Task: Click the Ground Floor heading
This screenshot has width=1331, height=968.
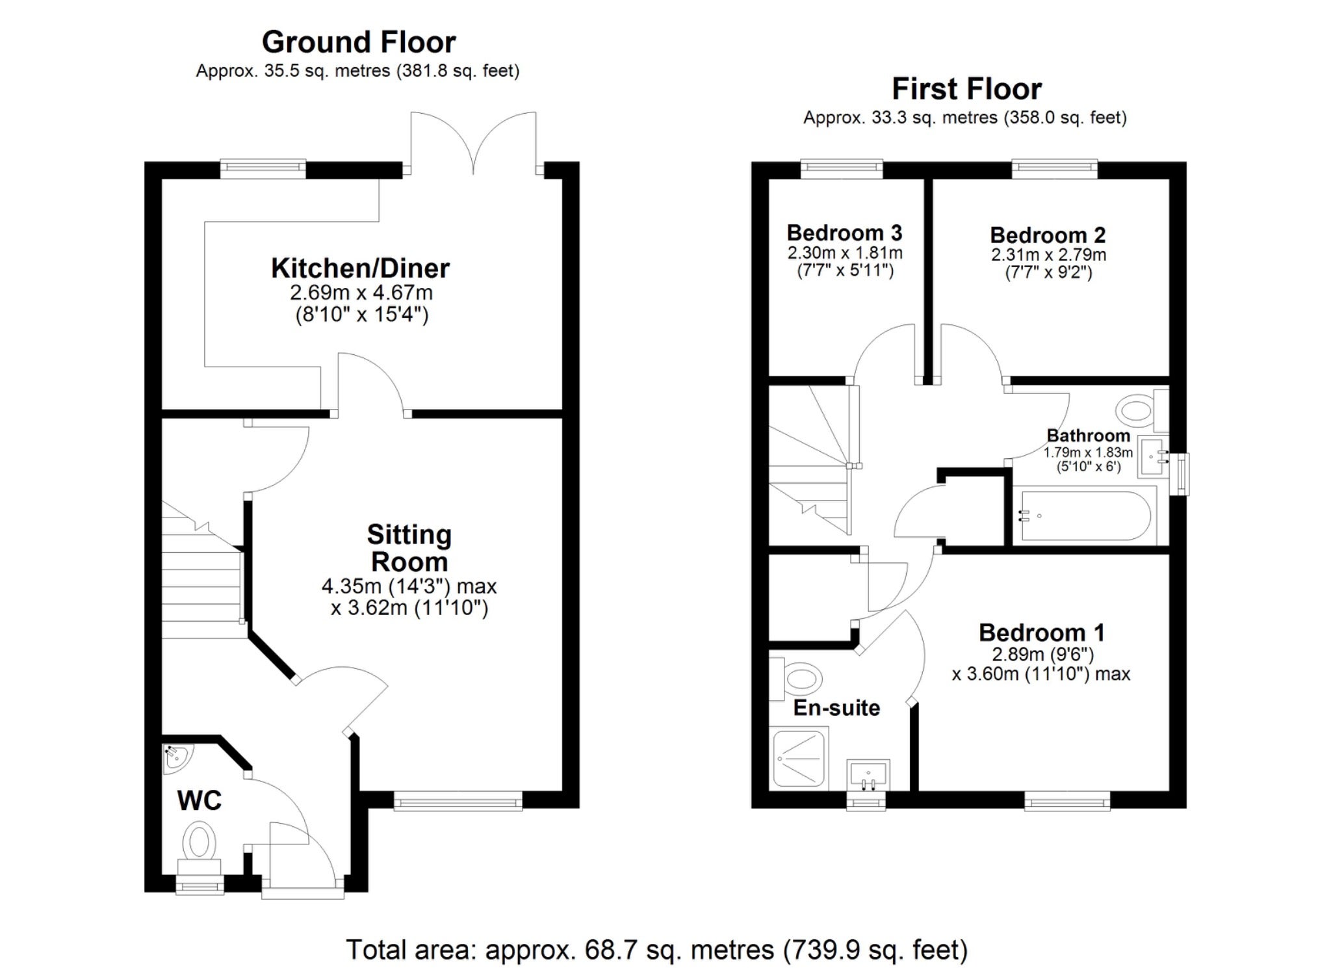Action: coord(359,42)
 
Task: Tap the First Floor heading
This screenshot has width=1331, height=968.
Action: coord(966,89)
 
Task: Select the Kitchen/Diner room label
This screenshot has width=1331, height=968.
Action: coord(360,268)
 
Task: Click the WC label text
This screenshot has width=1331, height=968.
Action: coord(200,801)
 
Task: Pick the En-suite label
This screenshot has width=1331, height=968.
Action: coord(836,708)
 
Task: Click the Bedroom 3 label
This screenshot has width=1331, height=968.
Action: coord(844,233)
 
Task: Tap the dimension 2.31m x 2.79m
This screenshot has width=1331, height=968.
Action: coord(1048,255)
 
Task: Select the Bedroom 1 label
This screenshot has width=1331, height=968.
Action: coord(1041,633)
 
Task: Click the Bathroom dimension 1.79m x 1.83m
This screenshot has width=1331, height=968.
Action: coord(1088,452)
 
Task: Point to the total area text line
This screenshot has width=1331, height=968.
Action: coord(656,950)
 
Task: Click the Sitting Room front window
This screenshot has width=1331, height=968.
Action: coord(458,800)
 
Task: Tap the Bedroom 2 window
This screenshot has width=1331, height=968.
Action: coord(1055,169)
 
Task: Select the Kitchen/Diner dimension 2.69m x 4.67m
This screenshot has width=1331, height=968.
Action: coord(361,293)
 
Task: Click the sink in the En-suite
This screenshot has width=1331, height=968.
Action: coord(868,775)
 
